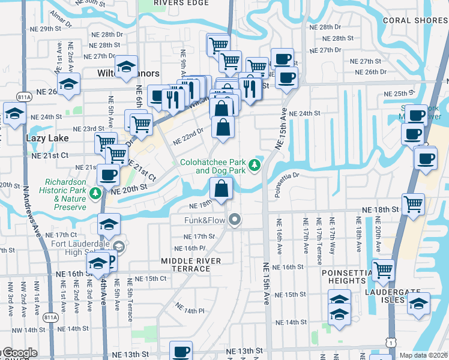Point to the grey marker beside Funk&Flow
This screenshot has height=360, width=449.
point(235,221)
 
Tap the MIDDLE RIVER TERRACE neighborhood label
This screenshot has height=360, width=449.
point(191,265)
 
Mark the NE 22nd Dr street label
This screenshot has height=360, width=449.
point(188,137)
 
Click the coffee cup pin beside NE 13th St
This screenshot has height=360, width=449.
point(181,352)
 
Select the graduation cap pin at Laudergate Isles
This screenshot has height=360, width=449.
point(418,303)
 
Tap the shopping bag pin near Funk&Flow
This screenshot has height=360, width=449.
point(221,188)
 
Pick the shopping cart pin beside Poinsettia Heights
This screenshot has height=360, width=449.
point(382,269)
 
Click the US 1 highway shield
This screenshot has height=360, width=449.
point(391,341)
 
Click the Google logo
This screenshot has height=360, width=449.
point(19,353)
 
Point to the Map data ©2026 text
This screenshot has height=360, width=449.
point(423,355)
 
